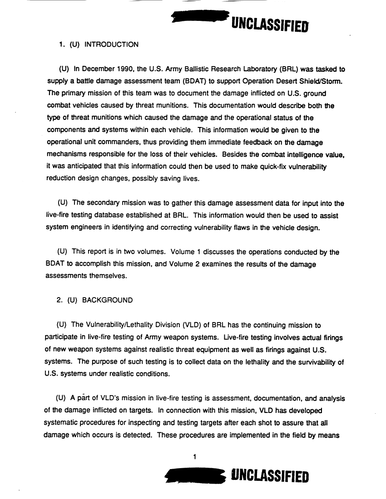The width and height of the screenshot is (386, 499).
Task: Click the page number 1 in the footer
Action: (194, 457)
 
